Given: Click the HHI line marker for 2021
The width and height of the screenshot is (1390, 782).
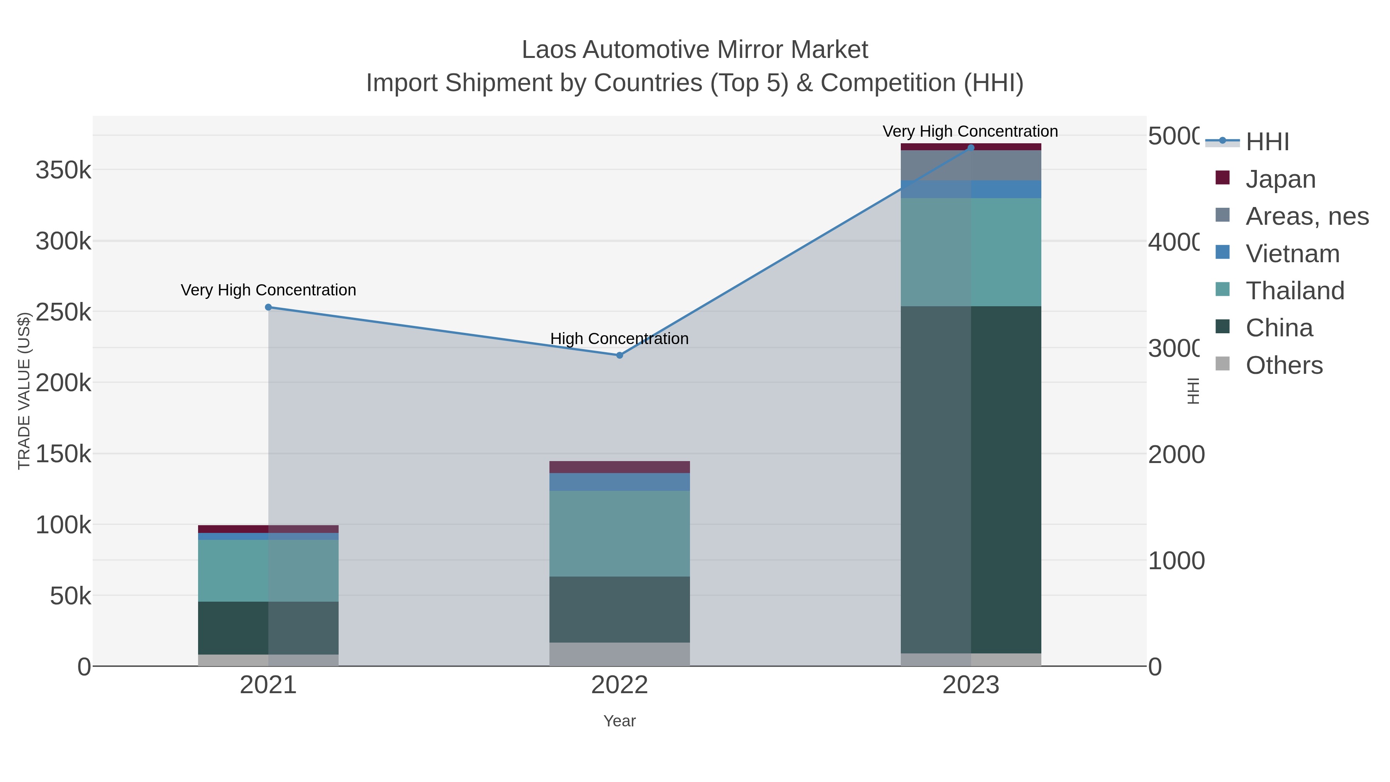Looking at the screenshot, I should coord(268,307).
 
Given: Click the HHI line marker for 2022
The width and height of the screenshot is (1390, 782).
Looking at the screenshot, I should coord(619,355).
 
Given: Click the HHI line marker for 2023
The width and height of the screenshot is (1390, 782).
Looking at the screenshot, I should coord(971,148).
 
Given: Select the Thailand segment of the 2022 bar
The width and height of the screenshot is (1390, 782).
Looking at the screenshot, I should coord(619,533).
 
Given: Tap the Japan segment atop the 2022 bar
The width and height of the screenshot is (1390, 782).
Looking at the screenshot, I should coord(619,467).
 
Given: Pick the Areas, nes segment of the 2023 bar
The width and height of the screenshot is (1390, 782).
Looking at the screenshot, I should coord(971,165).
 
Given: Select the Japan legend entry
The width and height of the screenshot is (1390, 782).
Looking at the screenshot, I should coord(1280,179).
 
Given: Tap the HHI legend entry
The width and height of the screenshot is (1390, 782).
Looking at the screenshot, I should coord(1266,141).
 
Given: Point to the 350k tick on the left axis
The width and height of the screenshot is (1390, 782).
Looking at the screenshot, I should coord(63,171).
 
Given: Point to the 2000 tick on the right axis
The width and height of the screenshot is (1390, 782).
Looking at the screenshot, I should coord(1175,455).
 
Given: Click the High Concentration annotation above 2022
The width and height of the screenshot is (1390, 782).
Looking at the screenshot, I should coord(619,338).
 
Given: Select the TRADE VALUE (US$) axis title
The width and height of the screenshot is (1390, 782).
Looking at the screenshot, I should coord(24,391).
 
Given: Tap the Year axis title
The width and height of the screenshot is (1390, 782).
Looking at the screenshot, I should coord(619,721).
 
